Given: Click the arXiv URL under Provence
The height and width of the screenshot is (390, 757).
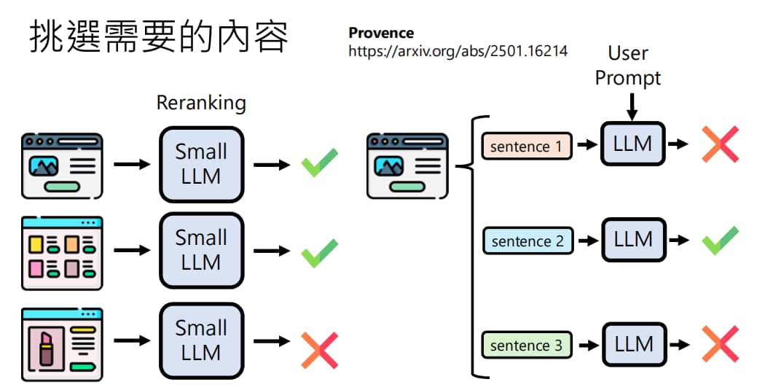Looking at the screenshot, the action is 458,51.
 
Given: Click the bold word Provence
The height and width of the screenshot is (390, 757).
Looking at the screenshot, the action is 381,33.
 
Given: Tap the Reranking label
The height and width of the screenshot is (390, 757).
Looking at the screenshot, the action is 201,103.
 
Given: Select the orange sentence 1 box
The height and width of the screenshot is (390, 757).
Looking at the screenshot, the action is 527,146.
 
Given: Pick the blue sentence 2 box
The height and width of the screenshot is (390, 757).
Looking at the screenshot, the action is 527,241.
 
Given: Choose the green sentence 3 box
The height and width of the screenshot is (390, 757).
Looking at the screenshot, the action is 527,345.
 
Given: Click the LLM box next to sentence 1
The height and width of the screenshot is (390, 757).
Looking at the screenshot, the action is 632,144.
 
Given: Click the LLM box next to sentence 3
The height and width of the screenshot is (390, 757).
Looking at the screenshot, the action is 634,345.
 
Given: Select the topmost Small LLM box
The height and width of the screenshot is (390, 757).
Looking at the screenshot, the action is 201,164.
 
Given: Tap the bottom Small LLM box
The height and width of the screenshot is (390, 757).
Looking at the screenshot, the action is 201,340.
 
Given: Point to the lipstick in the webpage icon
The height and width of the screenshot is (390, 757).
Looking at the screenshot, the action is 47,348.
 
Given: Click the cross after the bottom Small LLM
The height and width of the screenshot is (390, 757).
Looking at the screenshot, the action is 320,351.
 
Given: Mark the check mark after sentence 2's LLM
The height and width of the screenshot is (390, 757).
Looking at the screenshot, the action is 720,240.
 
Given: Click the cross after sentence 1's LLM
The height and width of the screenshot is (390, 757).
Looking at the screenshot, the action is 720,144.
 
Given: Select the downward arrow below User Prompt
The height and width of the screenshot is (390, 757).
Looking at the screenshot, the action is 632,107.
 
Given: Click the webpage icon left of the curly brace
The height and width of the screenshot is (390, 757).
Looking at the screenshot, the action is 407,165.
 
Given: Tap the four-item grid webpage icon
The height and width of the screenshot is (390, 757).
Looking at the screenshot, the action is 62,253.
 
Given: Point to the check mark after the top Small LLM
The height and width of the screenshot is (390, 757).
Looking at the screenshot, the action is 320,163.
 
